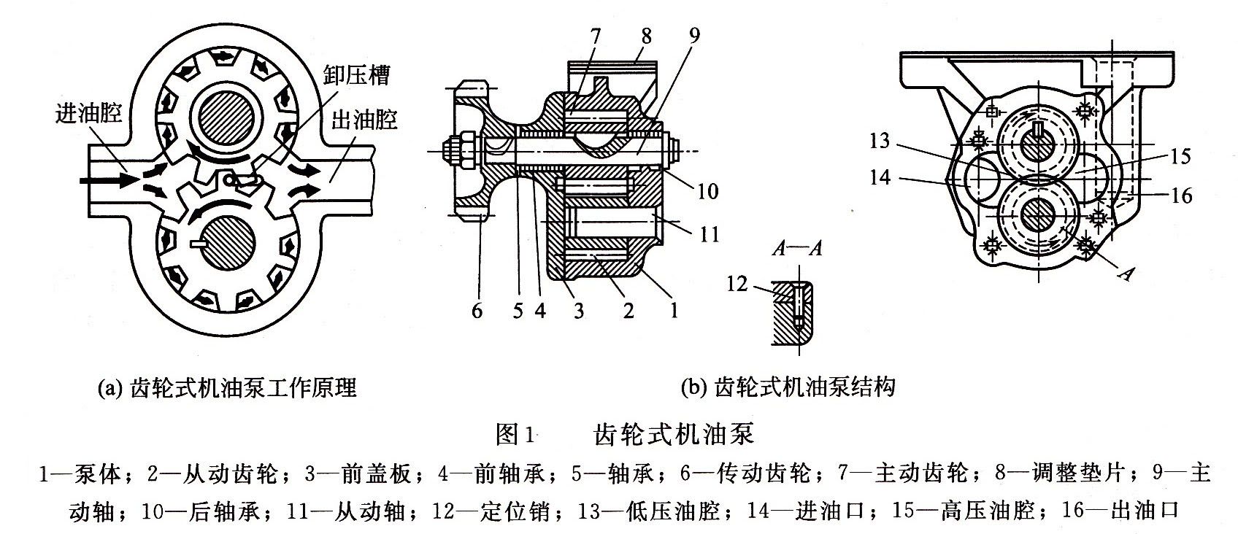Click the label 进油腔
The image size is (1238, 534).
coord(88,114)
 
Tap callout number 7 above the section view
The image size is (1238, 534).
coord(595,37)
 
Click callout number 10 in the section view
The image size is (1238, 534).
coord(707,192)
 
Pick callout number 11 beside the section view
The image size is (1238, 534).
coord(710,235)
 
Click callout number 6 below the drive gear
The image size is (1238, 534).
coord(477,311)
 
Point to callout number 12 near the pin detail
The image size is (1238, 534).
coord(737,284)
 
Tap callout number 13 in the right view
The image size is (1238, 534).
coord(880,141)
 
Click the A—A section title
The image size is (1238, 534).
coord(797,248)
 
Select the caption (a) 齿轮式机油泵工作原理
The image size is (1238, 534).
coord(227,388)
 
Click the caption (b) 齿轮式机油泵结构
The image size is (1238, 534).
coord(788,387)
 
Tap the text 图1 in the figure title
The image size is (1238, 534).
coord(515,435)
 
